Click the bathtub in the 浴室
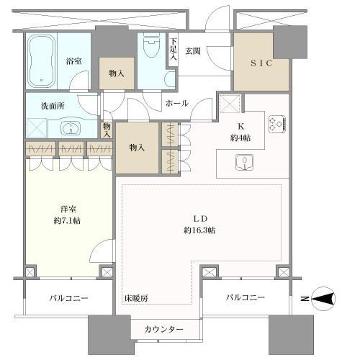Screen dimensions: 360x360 tap(42, 61)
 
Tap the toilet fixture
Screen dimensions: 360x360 tap(151, 46)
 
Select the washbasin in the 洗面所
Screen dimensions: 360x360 tap(71, 128)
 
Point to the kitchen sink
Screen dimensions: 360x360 tap(244, 162)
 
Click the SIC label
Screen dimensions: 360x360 tap(261, 63)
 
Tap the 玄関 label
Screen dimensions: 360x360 tap(193, 51)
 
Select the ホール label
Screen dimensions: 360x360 tap(176, 104)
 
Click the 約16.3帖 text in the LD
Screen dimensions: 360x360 tap(199, 230)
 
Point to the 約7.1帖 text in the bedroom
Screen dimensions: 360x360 tap(67, 220)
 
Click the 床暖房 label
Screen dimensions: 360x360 tap(136, 298)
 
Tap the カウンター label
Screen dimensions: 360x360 tap(164, 329)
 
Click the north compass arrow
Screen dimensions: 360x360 tap(323, 299)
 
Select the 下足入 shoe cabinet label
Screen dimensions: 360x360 tap(174, 49)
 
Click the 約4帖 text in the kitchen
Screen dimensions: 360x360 tap(240, 138)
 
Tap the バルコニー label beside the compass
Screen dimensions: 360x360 tap(246, 297)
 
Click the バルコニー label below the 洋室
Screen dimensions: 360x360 tap(69, 298)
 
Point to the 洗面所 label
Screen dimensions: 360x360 tap(53, 106)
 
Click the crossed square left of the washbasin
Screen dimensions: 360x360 tap(37, 128)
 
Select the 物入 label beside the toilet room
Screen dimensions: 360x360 tap(117, 73)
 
